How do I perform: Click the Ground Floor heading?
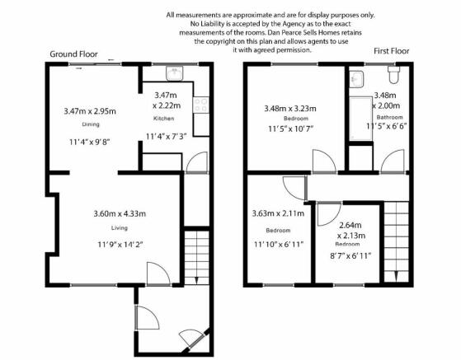click(x=73, y=54)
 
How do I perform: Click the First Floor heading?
click(x=392, y=51)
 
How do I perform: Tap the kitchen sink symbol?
click(x=174, y=73)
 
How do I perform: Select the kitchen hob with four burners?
click(x=201, y=105)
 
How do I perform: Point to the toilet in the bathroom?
click(x=393, y=74)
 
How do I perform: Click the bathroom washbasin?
click(x=356, y=79)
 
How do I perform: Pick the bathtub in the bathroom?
click(x=360, y=119)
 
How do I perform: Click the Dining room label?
click(x=91, y=124)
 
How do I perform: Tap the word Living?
click(x=120, y=228)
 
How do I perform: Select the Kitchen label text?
click(x=164, y=119)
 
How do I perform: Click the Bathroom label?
click(x=389, y=117)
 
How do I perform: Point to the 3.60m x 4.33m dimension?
click(x=120, y=213)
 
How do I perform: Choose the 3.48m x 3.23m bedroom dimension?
click(x=290, y=109)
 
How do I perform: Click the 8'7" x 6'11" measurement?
click(x=350, y=256)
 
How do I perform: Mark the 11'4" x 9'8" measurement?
click(x=89, y=143)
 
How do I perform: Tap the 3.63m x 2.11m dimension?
click(x=278, y=213)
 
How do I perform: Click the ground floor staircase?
click(x=196, y=258)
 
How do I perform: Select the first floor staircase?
click(x=397, y=241)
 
